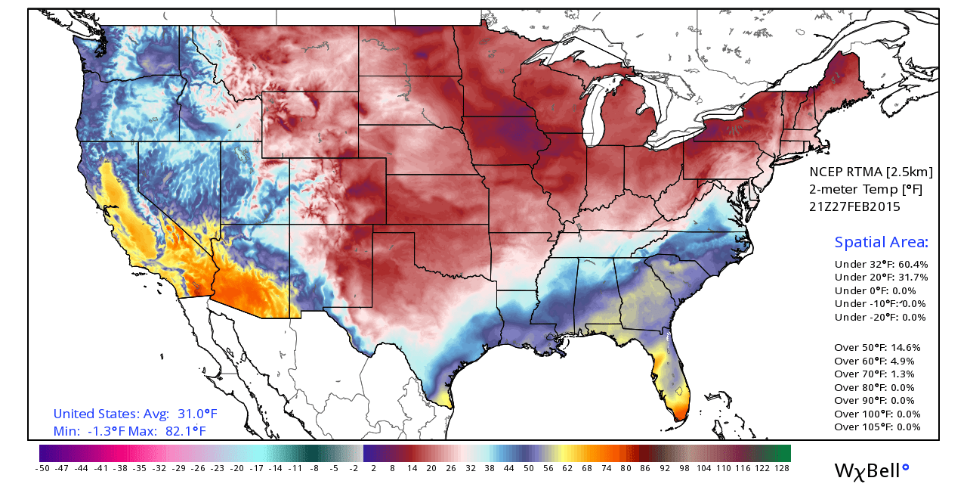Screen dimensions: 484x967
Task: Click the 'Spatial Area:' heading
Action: pos(881,243)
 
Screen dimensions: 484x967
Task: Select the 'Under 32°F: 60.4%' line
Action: pos(881,265)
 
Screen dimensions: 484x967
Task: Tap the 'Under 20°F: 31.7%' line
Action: pos(881,278)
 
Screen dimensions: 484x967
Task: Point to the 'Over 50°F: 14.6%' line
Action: pos(877,348)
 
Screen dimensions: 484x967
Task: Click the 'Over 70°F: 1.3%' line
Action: pos(874,374)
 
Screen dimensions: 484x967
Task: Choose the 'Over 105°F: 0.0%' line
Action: pos(877,427)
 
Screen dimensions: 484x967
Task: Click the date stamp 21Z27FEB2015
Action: pos(854,206)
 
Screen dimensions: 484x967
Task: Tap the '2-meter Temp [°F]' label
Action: pos(855,189)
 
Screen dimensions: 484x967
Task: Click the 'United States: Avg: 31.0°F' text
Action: pos(134,414)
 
